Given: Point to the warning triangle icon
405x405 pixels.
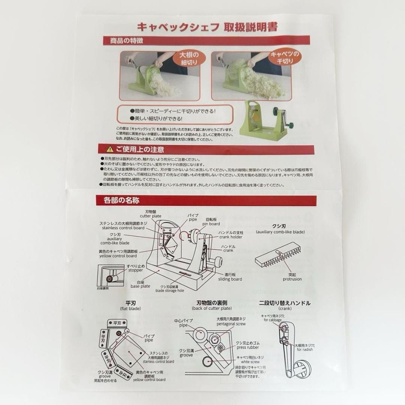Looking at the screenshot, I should (109, 149).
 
